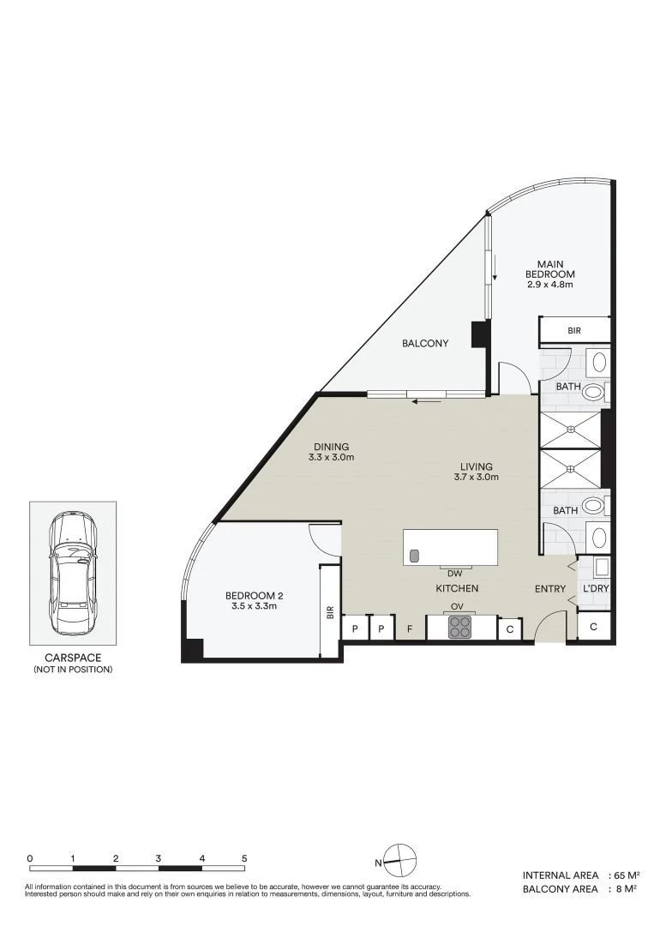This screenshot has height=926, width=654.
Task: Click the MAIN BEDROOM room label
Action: pyautogui.click(x=549, y=274)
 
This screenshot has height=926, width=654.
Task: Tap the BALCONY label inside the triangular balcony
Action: pyautogui.click(x=425, y=344)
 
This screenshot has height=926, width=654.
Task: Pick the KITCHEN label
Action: pyautogui.click(x=457, y=589)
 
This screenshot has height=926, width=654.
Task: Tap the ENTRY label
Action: pyautogui.click(x=549, y=589)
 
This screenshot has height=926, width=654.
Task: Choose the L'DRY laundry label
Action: pyautogui.click(x=596, y=589)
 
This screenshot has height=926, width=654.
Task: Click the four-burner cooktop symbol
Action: pyautogui.click(x=459, y=628)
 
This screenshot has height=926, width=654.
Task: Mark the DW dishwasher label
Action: pyautogui.click(x=454, y=573)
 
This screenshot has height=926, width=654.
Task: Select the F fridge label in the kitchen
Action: pyautogui.click(x=410, y=629)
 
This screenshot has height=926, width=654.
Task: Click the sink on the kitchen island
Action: pyautogui.click(x=414, y=556)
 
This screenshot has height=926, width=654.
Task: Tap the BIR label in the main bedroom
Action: pyautogui.click(x=575, y=330)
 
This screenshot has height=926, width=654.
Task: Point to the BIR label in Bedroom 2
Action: pyautogui.click(x=330, y=612)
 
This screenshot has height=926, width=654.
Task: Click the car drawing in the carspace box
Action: pyautogui.click(x=72, y=573)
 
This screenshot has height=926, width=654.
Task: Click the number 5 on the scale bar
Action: pyautogui.click(x=244, y=857)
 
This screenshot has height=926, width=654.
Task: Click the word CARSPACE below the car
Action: pyautogui.click(x=72, y=658)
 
